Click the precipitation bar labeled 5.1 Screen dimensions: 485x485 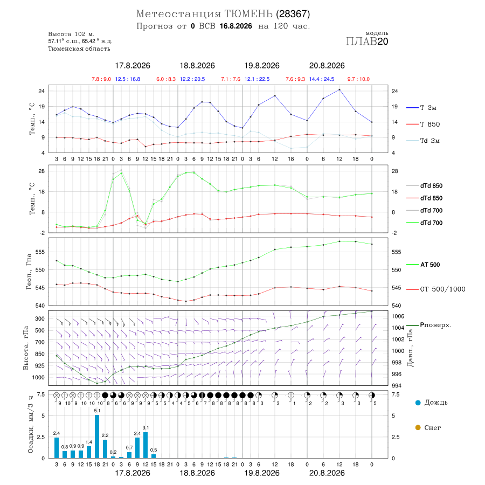coord(97,436)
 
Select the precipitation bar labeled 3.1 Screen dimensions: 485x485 coord(145,445)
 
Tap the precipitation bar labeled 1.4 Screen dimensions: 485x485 coord(89,452)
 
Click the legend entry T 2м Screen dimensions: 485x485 coord(421,108)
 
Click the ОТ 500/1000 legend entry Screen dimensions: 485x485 coord(436,289)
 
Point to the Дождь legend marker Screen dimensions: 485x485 coord(418,403)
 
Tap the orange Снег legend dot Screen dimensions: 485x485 coord(418,427)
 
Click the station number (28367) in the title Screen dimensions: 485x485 coord(293,14)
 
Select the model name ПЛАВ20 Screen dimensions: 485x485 coord(367,41)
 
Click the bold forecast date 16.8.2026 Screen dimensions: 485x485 coord(235,26)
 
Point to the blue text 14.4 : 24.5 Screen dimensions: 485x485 coord(322,79)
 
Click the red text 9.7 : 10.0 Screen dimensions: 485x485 coord(358,79)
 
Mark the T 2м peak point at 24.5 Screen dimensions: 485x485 coord(339,89)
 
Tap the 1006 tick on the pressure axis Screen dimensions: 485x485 coord(398,316)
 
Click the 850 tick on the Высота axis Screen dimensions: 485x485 coord(39,354)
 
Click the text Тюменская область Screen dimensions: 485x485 coord(79,48)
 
